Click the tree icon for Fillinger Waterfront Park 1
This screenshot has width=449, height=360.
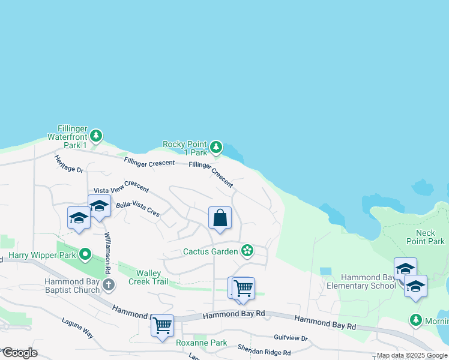click(96, 136)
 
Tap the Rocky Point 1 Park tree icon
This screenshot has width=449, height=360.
click(216, 147)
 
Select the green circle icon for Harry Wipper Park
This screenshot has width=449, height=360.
click(85, 255)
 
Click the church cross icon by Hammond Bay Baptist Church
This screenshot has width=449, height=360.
click(108, 284)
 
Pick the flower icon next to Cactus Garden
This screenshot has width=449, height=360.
click(247, 250)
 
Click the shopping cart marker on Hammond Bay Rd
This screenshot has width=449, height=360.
click(162, 326)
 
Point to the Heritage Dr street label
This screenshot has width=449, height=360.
click(68, 164)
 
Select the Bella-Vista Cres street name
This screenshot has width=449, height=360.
click(138, 209)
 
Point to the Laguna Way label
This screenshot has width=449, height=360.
click(78, 329)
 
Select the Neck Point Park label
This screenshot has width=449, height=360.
click(430, 237)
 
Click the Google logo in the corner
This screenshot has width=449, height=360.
click(20, 352)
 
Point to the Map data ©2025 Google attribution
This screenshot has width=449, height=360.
click(412, 356)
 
